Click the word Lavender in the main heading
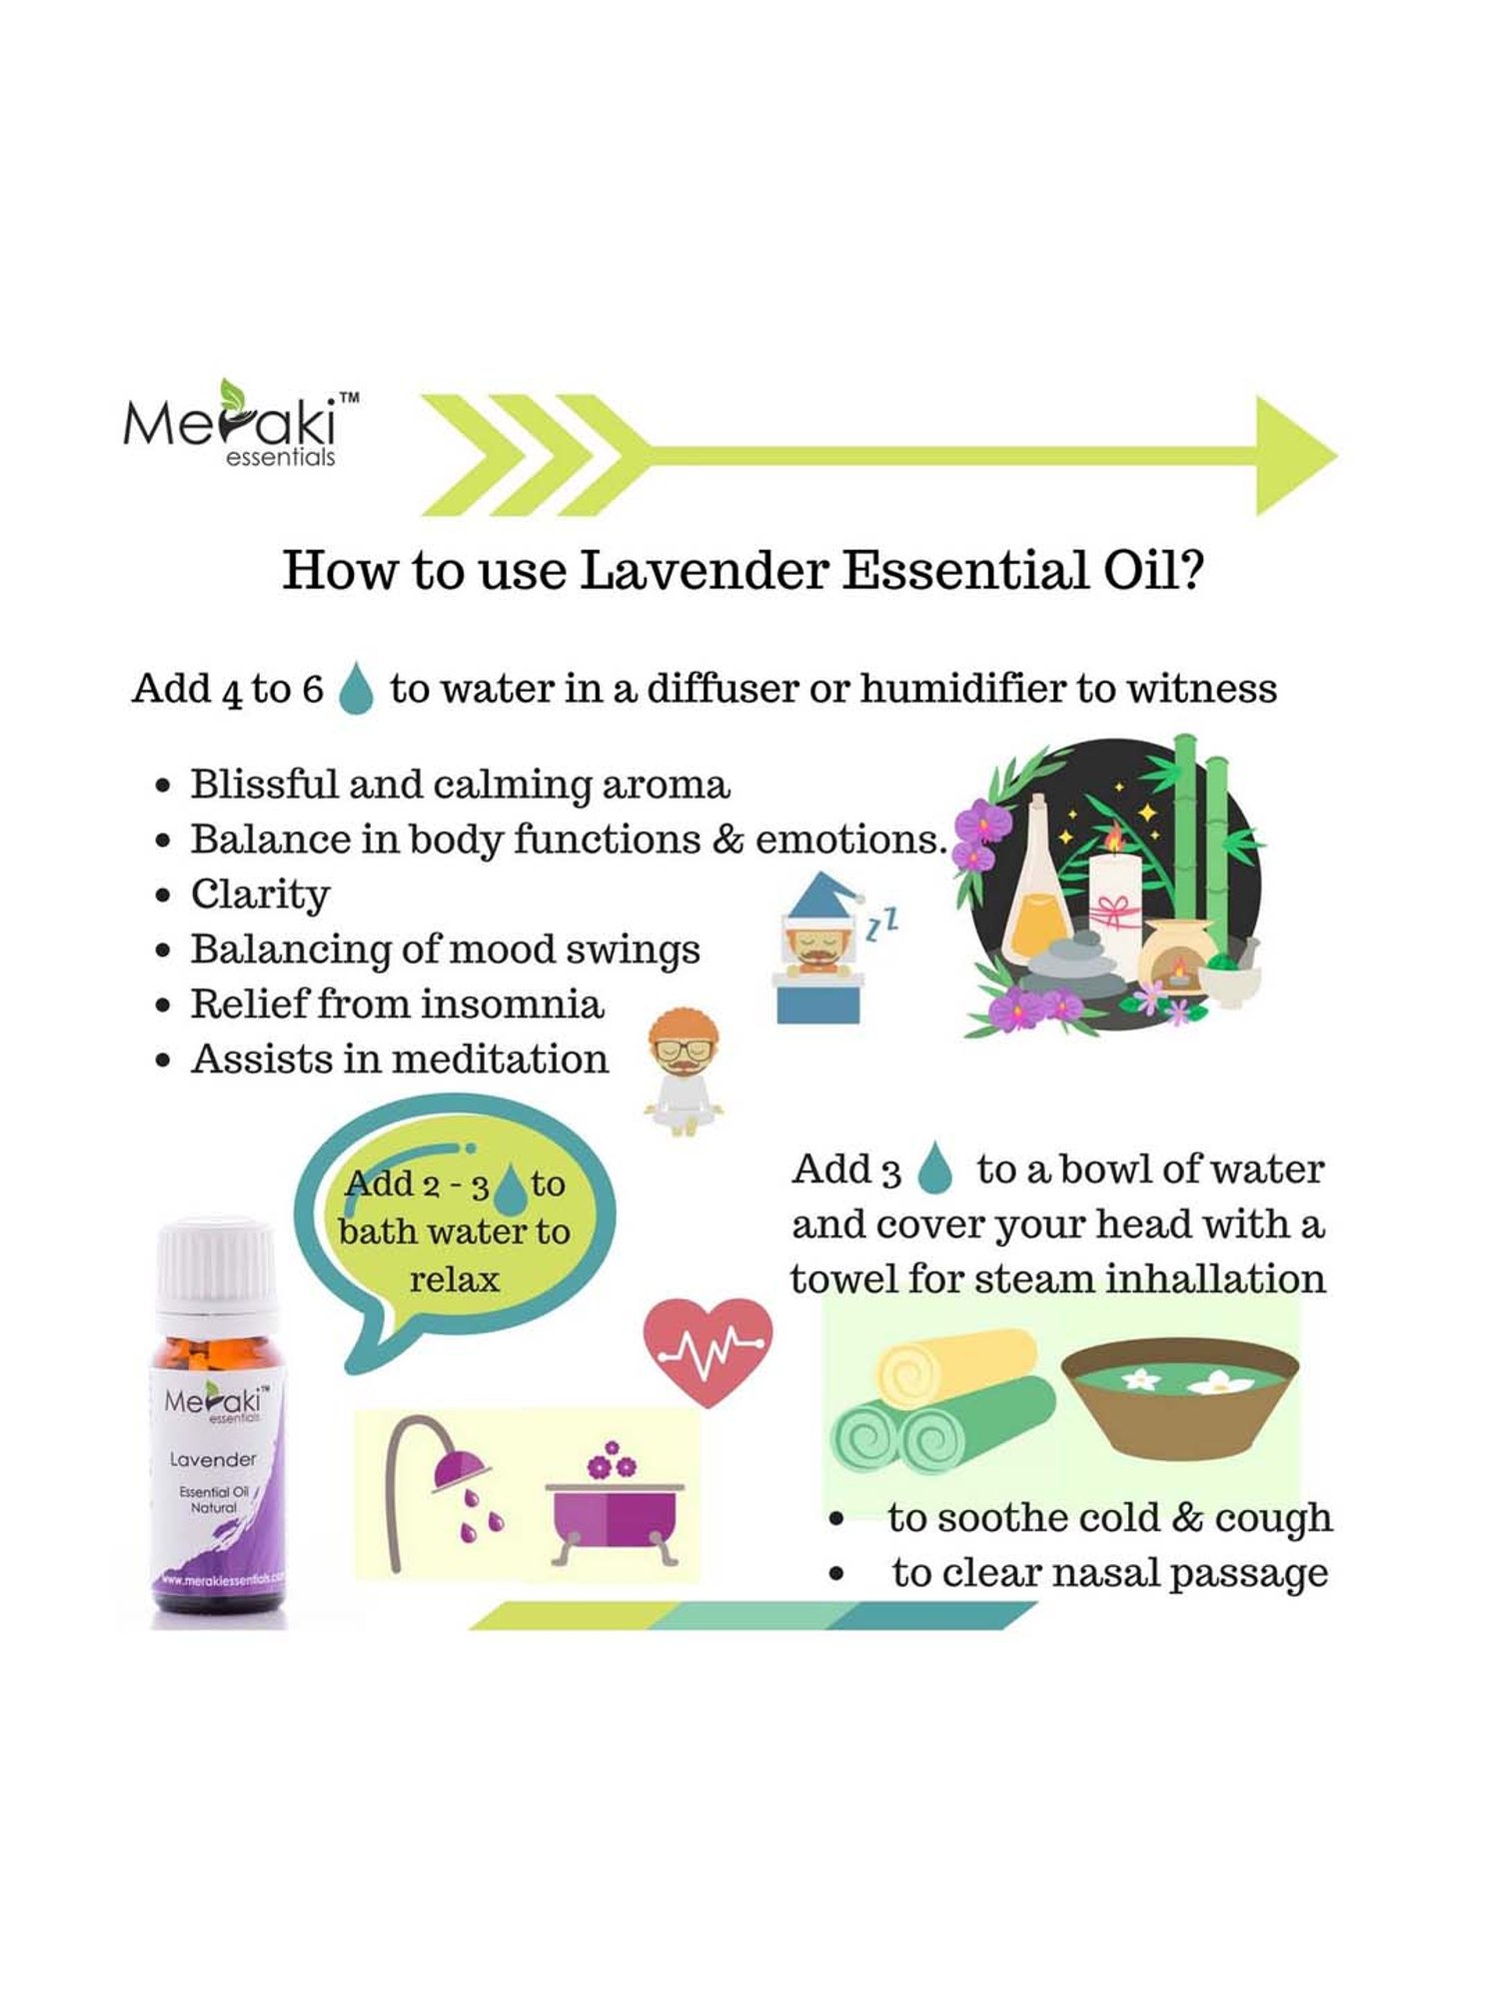pyautogui.click(x=704, y=571)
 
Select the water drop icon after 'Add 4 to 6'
pyautogui.click(x=355, y=689)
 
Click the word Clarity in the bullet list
pyautogui.click(x=260, y=895)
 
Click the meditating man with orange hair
pyautogui.click(x=684, y=1070)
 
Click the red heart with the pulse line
pyautogui.click(x=708, y=1350)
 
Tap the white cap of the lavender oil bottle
pyautogui.click(x=217, y=1264)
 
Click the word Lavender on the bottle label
pyautogui.click(x=213, y=1459)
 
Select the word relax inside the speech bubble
pyautogui.click(x=454, y=1280)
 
